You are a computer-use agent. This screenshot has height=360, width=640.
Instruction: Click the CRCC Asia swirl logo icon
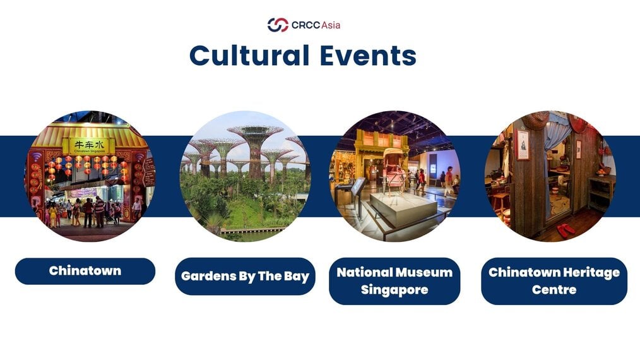pos(278,25)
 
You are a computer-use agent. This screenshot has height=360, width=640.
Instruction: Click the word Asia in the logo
pos(331,25)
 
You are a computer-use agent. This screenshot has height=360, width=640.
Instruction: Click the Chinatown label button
pos(85,271)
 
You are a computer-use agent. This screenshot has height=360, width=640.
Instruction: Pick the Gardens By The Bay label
pos(245,276)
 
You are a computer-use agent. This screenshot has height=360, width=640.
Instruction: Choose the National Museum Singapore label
pos(394,281)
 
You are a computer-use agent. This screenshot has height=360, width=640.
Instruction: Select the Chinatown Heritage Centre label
pos(554,281)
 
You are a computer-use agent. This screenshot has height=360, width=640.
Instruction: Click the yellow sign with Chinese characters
pos(89,146)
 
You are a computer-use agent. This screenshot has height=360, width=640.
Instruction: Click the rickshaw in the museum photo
pos(392,170)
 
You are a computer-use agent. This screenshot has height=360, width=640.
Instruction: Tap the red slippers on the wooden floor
pos(566,230)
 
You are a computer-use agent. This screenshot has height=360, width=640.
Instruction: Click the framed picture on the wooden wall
pos(523,144)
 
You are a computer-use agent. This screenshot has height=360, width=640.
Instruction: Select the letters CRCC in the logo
pos(305,25)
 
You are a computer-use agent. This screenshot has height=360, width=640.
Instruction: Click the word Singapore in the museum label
pos(394,290)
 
